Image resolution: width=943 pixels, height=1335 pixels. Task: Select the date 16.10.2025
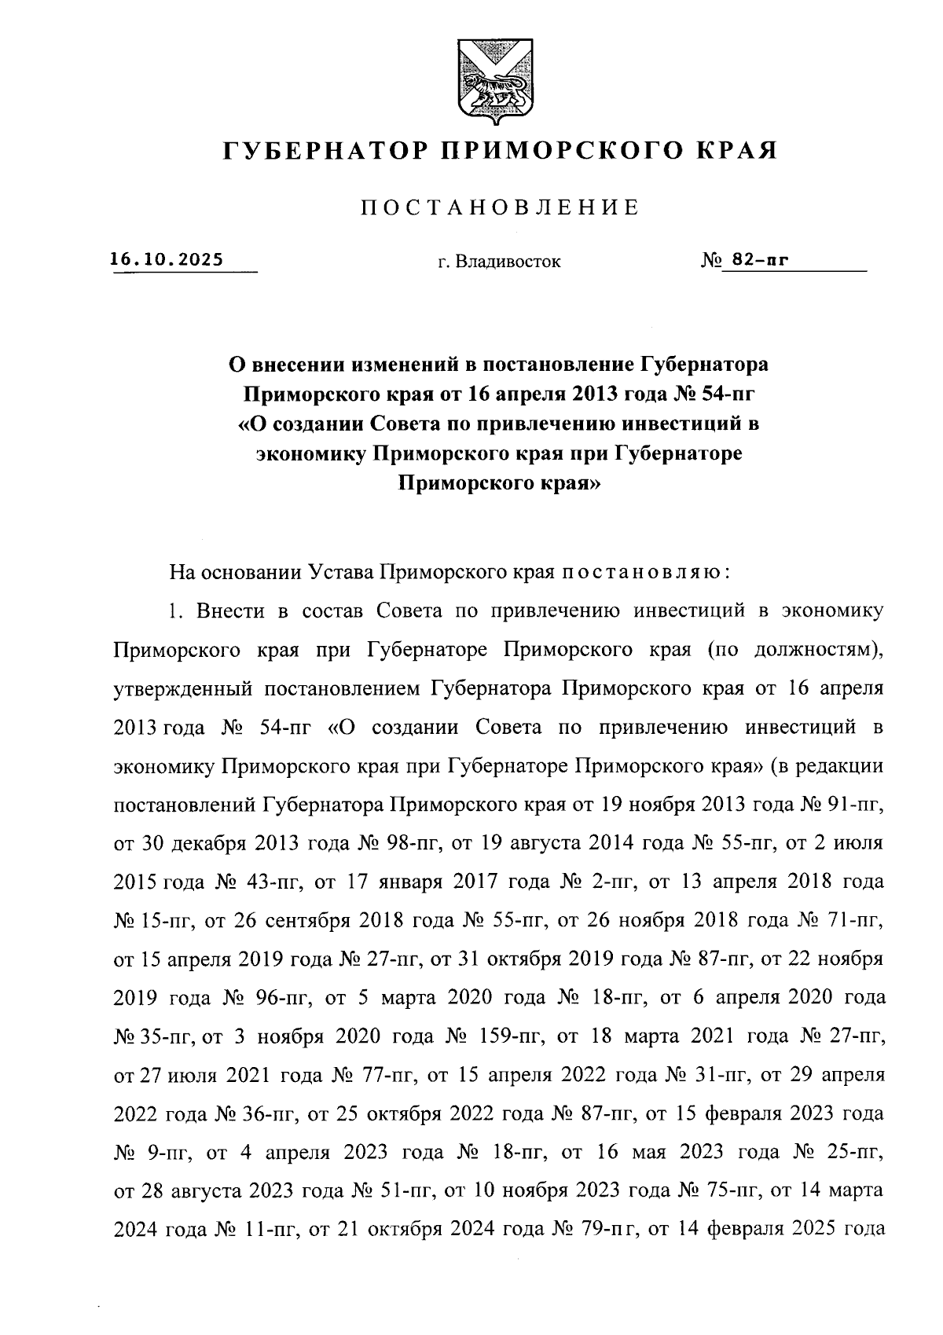(167, 259)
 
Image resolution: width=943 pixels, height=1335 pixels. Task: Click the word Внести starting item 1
(231, 611)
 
